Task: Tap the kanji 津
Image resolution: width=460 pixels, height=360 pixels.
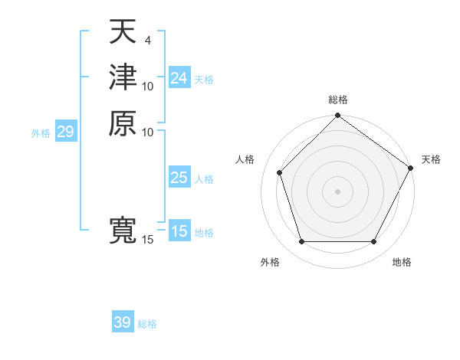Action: tap(122, 77)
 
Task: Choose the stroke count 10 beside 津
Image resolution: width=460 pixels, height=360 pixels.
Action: tap(148, 86)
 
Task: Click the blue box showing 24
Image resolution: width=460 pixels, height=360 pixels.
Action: tap(179, 78)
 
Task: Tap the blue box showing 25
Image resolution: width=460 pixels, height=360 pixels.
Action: tap(179, 178)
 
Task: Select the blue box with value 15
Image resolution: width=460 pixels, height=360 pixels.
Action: tap(179, 231)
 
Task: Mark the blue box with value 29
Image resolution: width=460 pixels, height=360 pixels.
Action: tap(65, 132)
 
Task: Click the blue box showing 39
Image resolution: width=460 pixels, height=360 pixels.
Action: tap(123, 322)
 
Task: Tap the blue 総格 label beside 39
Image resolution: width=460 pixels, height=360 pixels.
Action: tap(147, 324)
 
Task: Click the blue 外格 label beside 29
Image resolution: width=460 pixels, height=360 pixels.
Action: tap(41, 133)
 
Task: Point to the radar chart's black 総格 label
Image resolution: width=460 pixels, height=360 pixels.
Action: tap(337, 100)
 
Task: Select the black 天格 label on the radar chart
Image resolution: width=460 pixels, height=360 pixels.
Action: tap(431, 159)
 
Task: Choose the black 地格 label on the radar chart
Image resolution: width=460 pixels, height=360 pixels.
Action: tap(402, 262)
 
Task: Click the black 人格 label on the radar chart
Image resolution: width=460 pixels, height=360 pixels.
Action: tap(245, 159)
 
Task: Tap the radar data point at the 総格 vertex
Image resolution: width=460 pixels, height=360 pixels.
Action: tap(337, 116)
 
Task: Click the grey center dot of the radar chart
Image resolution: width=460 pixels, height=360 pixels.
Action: tap(337, 191)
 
